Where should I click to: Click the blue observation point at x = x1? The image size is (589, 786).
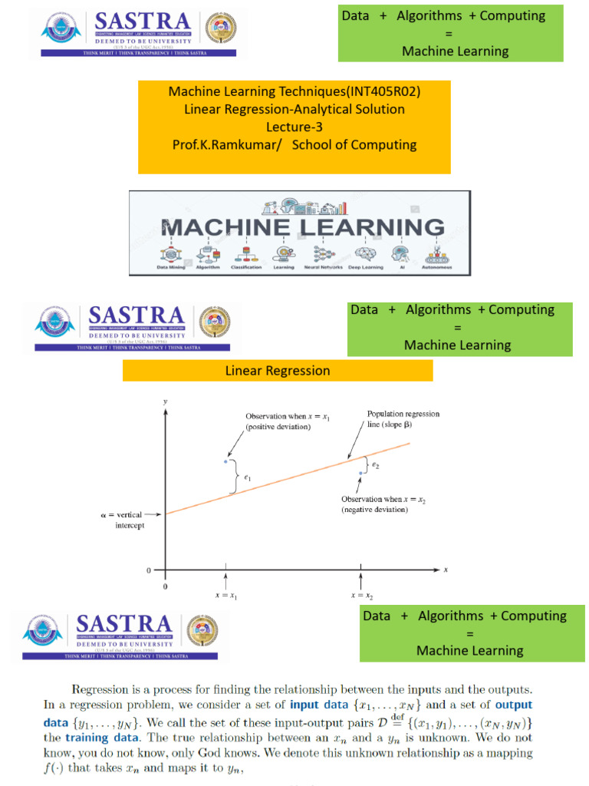tap(225, 461)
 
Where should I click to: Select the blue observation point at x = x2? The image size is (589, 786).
tap(360, 473)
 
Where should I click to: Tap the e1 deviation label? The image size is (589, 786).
tap(247, 478)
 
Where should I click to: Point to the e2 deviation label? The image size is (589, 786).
tap(375, 464)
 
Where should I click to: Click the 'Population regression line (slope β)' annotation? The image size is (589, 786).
tap(403, 418)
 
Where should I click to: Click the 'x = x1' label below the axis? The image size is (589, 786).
tap(226, 595)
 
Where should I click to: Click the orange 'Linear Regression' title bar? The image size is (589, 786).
tap(278, 371)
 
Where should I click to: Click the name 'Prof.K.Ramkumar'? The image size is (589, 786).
tap(232, 144)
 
